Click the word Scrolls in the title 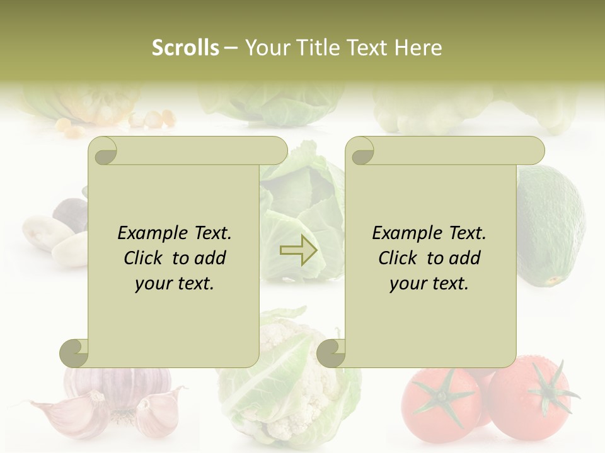pyautogui.click(x=185, y=48)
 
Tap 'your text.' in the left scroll pyautogui.click(x=175, y=284)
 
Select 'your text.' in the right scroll pyautogui.click(x=429, y=284)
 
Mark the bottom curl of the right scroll pyautogui.click(x=331, y=353)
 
